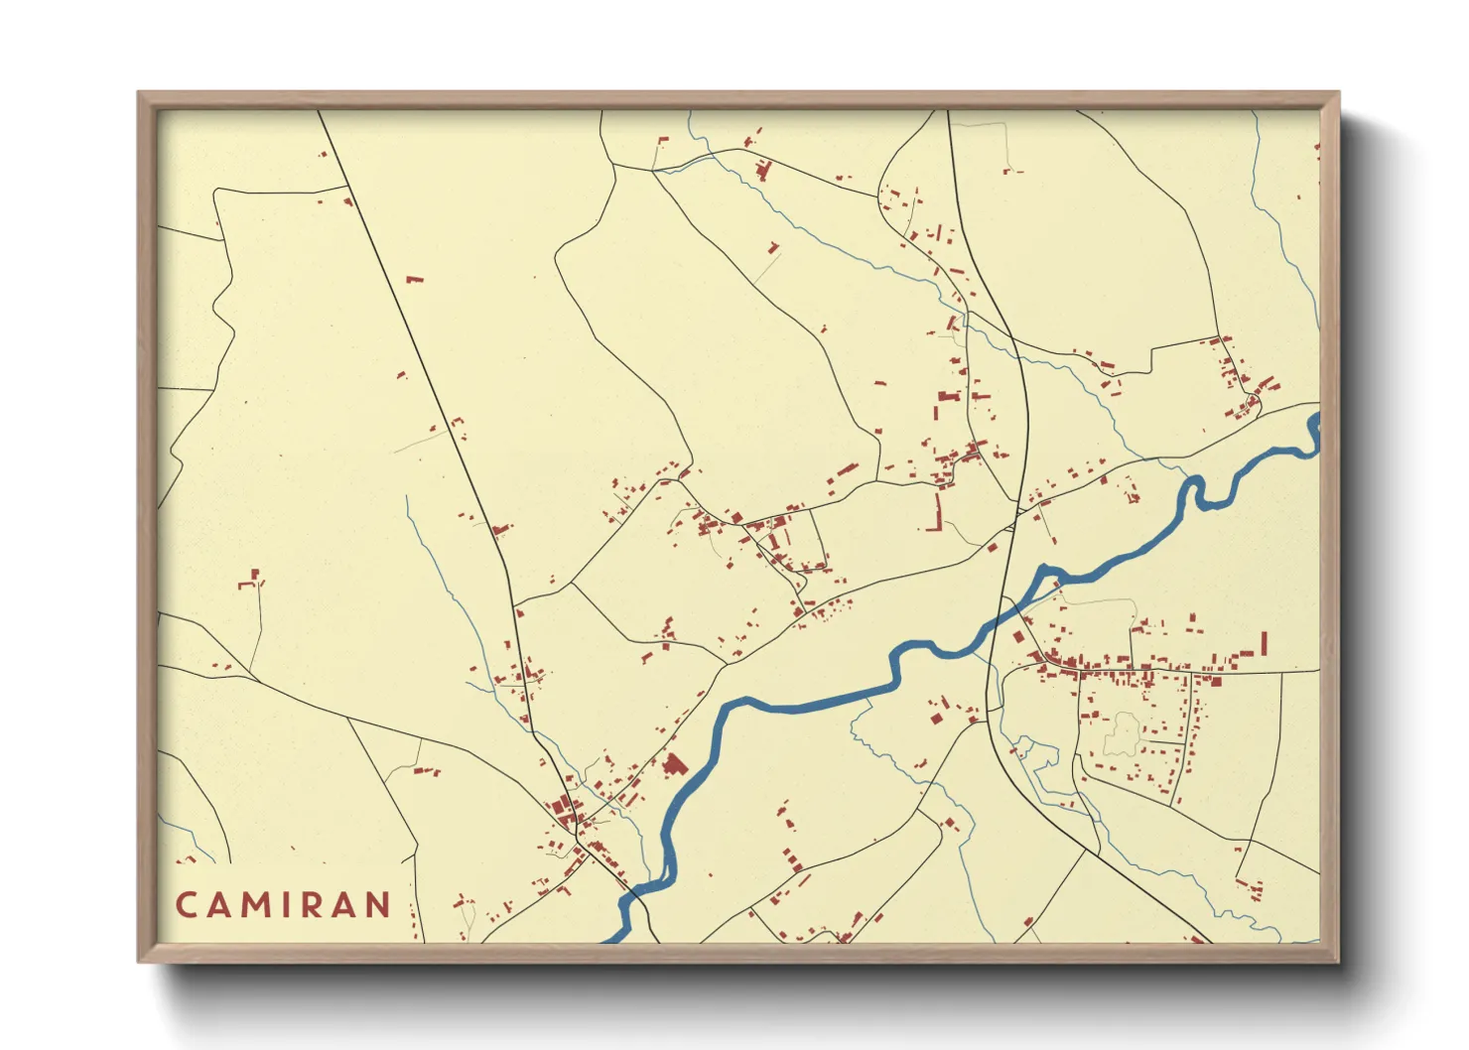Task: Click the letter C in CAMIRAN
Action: [186, 905]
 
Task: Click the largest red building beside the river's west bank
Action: [675, 765]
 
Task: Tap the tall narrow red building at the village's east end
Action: [1264, 643]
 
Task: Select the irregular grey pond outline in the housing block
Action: [1122, 734]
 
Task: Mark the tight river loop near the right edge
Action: [1197, 491]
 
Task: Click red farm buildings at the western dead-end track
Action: [252, 580]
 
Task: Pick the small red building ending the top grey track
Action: [1010, 171]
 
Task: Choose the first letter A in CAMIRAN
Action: [219, 905]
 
